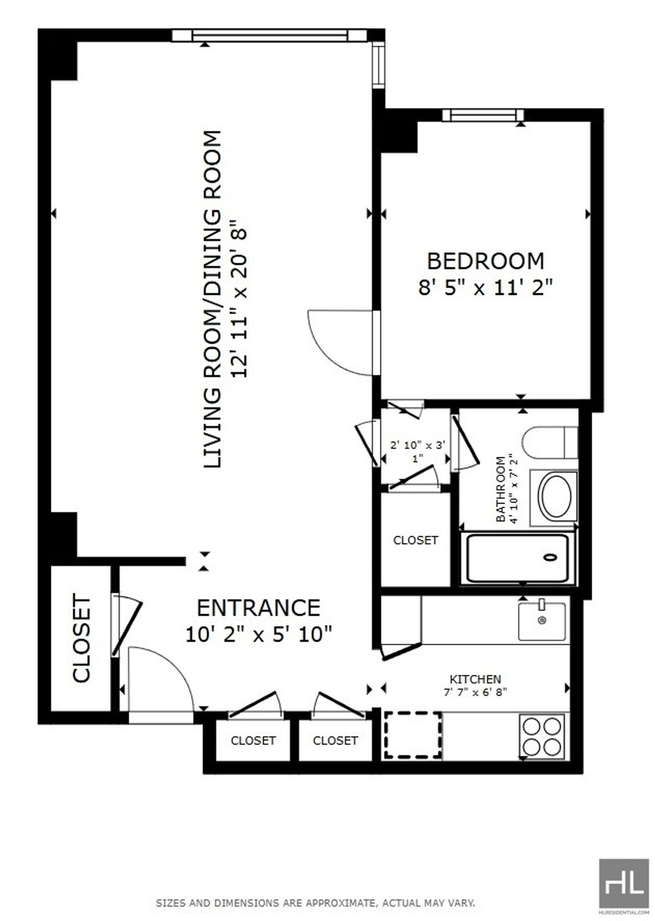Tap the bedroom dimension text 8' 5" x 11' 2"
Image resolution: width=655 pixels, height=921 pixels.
tap(484, 287)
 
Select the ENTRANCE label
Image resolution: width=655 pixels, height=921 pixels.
tap(259, 608)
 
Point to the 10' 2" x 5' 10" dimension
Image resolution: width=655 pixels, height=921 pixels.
tap(259, 634)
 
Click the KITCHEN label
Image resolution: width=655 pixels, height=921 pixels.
tap(475, 679)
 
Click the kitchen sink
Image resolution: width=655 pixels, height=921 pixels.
tap(541, 620)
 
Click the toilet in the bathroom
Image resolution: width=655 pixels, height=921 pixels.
tap(550, 443)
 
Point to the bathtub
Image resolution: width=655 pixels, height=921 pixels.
tap(517, 558)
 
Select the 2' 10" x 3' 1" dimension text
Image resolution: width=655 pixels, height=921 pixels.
tap(418, 451)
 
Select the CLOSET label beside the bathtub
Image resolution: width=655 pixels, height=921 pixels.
tap(416, 540)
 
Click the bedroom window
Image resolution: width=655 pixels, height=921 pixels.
tap(483, 115)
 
